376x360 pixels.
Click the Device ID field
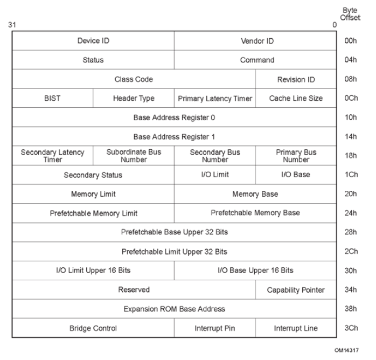[x=93, y=41]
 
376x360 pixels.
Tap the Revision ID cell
[x=295, y=79]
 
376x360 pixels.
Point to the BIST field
[x=52, y=98]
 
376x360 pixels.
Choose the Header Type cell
[x=134, y=98]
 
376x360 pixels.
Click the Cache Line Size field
[x=295, y=98]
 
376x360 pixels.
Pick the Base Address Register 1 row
[x=174, y=136]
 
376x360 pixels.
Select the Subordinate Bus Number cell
[x=134, y=155]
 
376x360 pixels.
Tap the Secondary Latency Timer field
[x=52, y=155]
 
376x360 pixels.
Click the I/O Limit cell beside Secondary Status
[x=214, y=175]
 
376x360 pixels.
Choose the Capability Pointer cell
[x=295, y=289]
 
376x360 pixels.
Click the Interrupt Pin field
[x=214, y=328]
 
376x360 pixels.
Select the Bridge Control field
[x=93, y=328]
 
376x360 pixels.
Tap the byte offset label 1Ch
[x=351, y=175]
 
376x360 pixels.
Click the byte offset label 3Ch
[x=351, y=328]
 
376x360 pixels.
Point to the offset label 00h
[x=351, y=41]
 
